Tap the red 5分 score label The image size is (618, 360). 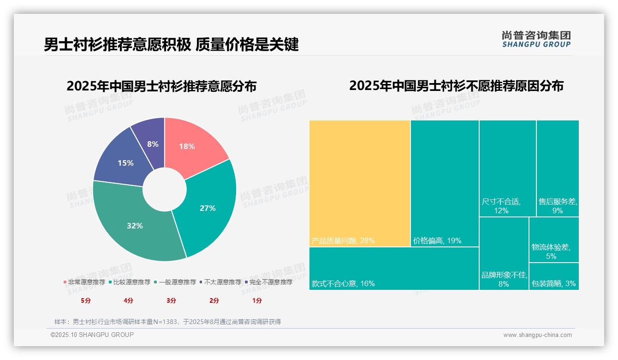point(86,300)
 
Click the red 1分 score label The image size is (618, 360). point(257,300)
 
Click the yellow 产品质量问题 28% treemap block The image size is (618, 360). point(360,183)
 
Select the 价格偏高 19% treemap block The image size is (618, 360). point(445,183)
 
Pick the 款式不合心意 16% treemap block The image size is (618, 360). point(394,269)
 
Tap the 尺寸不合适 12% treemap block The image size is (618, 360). point(507,168)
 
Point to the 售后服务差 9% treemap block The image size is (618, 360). point(557,168)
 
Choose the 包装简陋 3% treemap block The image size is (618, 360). point(553,276)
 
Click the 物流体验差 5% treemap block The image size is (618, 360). point(553,240)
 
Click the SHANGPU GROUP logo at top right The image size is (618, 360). point(536,39)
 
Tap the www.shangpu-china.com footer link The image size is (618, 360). point(537,335)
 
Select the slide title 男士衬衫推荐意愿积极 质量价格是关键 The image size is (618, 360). point(171,45)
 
